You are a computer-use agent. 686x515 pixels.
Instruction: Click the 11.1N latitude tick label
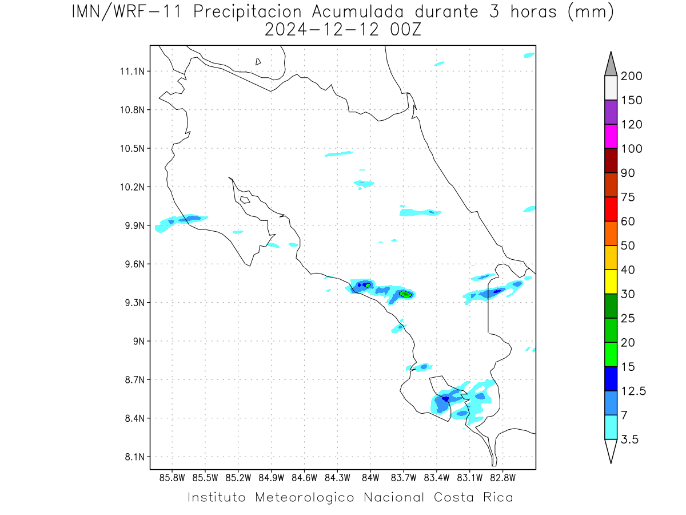click(x=132, y=72)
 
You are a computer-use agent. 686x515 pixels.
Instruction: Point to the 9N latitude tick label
click(x=139, y=341)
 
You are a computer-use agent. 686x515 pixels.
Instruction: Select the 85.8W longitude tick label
click(x=172, y=478)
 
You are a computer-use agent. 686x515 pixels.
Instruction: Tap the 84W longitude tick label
click(x=370, y=478)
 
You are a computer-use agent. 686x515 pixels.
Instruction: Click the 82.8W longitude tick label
click(x=503, y=478)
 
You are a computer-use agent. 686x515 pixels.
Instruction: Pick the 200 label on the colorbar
click(x=631, y=76)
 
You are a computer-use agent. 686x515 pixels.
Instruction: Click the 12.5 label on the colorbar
click(x=633, y=391)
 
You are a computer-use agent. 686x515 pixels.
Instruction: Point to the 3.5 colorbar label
click(x=629, y=439)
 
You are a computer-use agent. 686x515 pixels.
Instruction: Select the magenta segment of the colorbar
click(x=611, y=136)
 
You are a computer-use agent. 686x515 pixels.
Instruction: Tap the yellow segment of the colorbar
click(x=611, y=282)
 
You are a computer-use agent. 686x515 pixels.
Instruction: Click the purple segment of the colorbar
click(x=611, y=112)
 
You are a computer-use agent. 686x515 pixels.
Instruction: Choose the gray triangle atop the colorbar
click(x=611, y=64)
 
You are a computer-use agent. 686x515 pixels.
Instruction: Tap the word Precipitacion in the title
click(x=248, y=12)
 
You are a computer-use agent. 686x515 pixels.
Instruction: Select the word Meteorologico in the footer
click(x=304, y=497)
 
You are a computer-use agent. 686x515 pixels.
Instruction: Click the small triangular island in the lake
click(x=258, y=61)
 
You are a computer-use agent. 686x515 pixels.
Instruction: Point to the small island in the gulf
click(x=245, y=200)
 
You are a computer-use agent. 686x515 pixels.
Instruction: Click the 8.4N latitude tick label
click(x=135, y=418)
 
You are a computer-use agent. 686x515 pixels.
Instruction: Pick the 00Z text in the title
click(x=406, y=30)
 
